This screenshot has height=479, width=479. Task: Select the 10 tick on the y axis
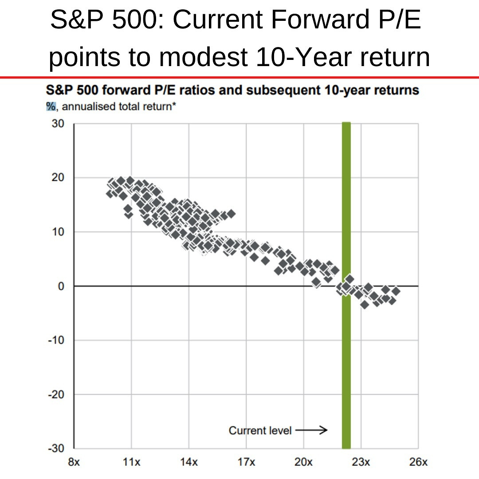[x=59, y=232]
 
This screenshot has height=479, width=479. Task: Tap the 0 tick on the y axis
[x=62, y=286]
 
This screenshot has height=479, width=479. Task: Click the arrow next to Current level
[x=311, y=430]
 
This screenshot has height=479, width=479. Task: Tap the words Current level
[x=260, y=430]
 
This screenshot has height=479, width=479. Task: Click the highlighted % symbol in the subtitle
[x=50, y=106]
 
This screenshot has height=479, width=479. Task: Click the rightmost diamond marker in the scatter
[x=396, y=291]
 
